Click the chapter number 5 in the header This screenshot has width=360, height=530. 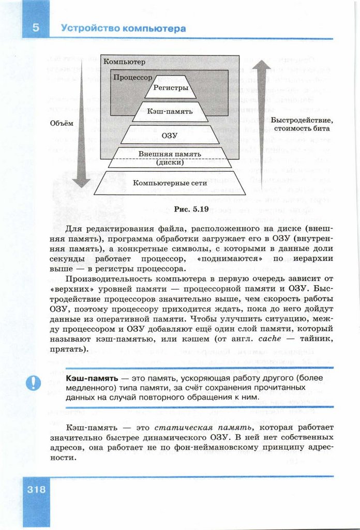(x=36, y=28)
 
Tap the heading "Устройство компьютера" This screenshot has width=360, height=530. (x=123, y=28)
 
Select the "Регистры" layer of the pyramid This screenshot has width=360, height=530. (x=170, y=89)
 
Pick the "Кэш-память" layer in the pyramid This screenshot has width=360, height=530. (x=170, y=111)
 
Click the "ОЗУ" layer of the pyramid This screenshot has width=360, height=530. (x=170, y=135)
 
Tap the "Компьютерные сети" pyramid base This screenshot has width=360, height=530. (x=170, y=183)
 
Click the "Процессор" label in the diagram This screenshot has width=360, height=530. (x=133, y=77)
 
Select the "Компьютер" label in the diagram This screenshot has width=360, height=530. (x=124, y=62)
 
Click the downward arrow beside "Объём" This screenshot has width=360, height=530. (x=81, y=124)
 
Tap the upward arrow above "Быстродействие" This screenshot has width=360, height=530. (x=262, y=124)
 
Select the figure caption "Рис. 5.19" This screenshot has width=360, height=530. (x=177, y=210)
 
